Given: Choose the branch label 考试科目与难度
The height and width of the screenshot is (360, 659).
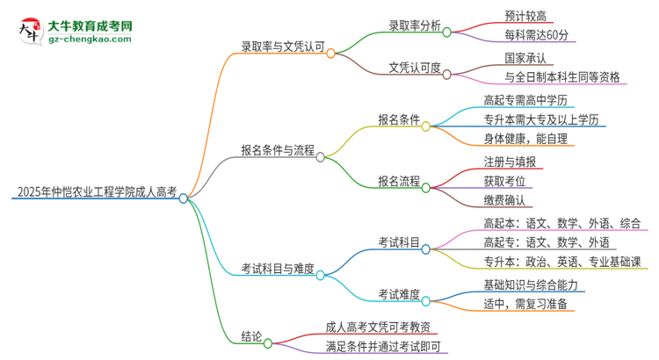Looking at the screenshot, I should (277, 267).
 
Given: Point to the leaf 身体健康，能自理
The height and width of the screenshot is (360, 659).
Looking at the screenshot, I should (525, 139).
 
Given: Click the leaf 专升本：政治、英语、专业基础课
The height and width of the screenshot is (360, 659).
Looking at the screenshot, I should (561, 262).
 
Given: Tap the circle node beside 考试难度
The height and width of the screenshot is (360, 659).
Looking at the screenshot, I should (426, 302).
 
